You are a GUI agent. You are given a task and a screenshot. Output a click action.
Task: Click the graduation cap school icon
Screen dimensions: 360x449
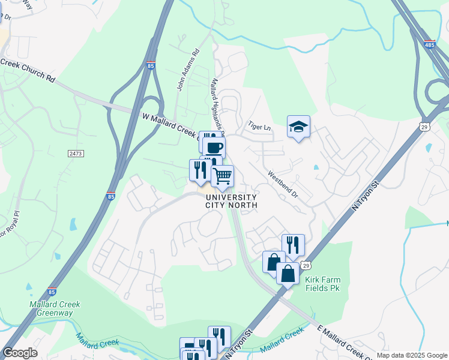pyautogui.click(x=298, y=127)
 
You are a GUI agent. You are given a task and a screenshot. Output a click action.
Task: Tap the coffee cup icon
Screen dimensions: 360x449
pyautogui.click(x=214, y=146)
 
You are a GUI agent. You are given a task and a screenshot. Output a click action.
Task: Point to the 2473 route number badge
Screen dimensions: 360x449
pyautogui.click(x=76, y=154)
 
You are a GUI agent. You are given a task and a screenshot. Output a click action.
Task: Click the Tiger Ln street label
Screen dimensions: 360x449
pyautogui.click(x=261, y=127)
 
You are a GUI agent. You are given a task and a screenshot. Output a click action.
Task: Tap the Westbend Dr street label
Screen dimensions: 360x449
pyautogui.click(x=283, y=178)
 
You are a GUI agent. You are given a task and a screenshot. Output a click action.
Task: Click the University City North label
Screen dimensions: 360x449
pyautogui.click(x=231, y=201)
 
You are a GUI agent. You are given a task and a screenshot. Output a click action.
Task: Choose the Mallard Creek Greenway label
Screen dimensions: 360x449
pyautogui.click(x=54, y=308)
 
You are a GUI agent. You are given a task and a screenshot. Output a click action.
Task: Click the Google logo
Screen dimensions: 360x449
pyautogui.click(x=20, y=353)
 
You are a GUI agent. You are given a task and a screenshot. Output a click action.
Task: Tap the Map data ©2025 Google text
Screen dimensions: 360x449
pyautogui.click(x=412, y=355)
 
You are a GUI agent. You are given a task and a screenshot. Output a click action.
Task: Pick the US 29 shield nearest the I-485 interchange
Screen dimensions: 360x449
pyautogui.click(x=424, y=127)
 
